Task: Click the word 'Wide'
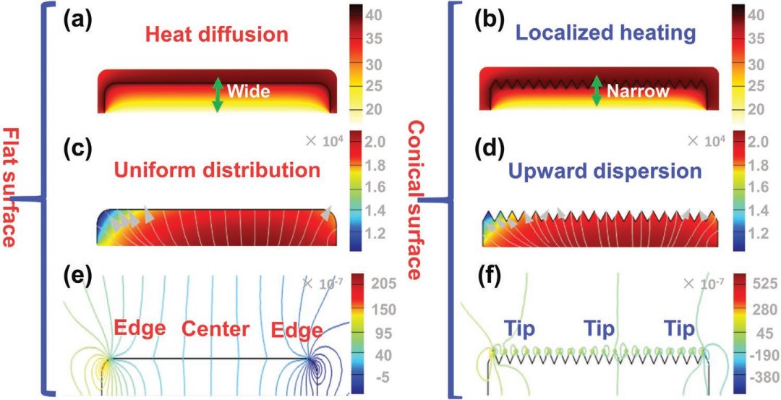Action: pyautogui.click(x=247, y=92)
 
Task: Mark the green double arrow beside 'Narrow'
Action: pyautogui.click(x=597, y=91)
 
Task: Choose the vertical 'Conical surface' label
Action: pyautogui.click(x=418, y=200)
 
